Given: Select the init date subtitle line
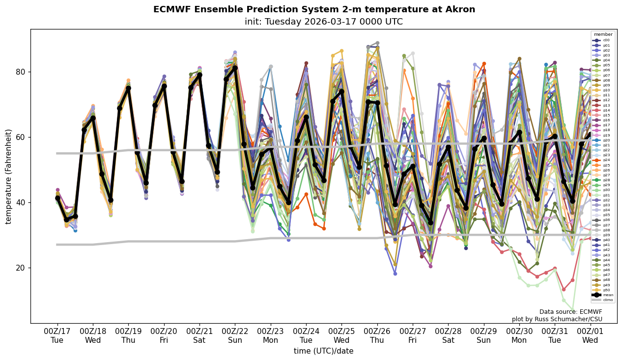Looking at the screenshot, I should tap(323, 22).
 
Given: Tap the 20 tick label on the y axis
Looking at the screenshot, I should tap(20, 268).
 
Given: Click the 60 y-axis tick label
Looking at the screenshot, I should tap(20, 137).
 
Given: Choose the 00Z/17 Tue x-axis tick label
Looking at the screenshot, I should tap(57, 336).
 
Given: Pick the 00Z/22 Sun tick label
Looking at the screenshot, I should tap(235, 336).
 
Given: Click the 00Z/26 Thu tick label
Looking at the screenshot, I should tap(377, 336).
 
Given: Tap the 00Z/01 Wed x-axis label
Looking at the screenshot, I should tap(590, 336).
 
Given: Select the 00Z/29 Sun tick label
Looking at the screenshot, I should tap(483, 336).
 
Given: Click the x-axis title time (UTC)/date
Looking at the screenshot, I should tap(323, 351).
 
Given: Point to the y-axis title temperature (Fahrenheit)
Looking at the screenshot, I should tap(9, 176).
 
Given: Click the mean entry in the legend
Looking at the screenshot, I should tap(604, 295).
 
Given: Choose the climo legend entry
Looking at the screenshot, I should tap(604, 300).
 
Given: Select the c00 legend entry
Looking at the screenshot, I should tap(604, 40).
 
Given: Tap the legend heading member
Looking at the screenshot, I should tap(603, 34).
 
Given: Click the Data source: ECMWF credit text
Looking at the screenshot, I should tap(570, 312).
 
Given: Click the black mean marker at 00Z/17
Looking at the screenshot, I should tap(57, 198).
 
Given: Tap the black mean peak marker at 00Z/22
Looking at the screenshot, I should tap(235, 68).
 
